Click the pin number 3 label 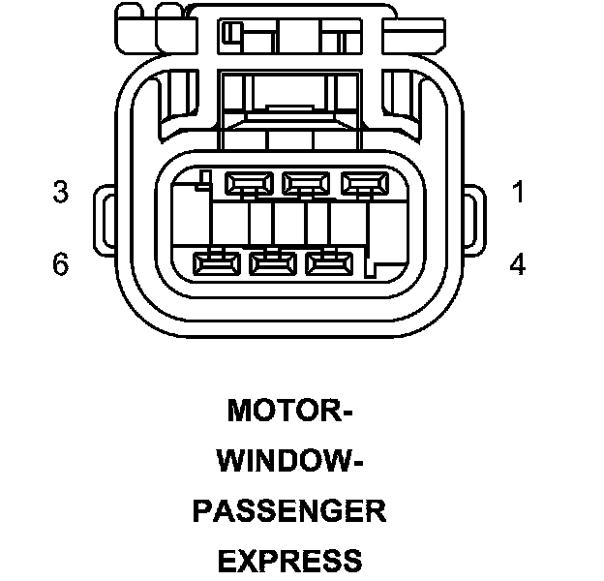61,193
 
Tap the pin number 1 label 518,193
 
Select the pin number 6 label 61,264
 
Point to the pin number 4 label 518,264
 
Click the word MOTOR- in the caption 289,412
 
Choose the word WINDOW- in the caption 289,461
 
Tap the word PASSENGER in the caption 289,510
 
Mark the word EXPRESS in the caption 289,560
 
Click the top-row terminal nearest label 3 248,181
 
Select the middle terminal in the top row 305,181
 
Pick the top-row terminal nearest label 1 362,181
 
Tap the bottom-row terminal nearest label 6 216,261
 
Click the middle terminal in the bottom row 273,261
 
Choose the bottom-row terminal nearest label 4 329,261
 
